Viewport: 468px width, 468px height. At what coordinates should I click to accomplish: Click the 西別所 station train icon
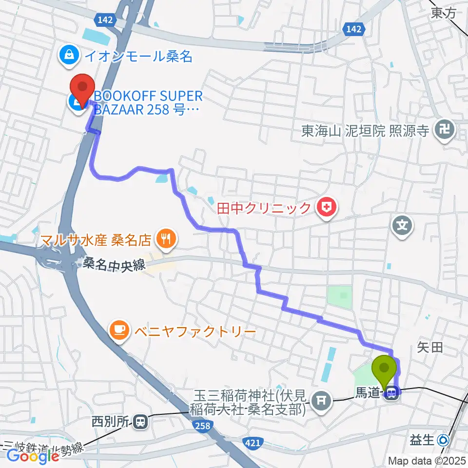click(140, 420)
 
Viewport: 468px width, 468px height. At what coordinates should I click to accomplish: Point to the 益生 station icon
click(444, 440)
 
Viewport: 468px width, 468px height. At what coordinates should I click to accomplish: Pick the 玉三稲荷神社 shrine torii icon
click(320, 401)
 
